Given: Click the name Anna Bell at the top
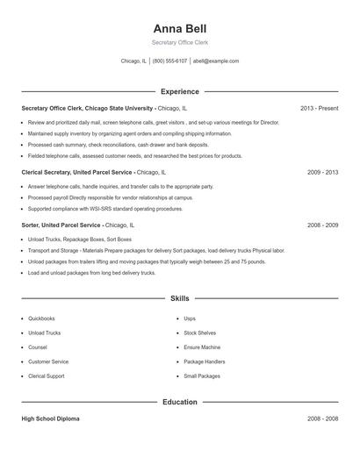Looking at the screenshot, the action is point(179,28).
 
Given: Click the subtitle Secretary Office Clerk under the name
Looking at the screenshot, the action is point(179,42).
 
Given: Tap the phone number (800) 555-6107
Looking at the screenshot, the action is point(169,61).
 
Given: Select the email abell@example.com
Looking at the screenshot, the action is point(216,61).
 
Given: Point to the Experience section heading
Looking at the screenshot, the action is point(179,91).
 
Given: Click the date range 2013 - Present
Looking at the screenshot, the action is point(319,108).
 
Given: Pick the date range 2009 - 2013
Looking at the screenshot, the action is point(322,173).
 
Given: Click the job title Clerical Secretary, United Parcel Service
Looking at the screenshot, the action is point(77,173).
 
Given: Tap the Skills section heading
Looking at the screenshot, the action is point(179,299).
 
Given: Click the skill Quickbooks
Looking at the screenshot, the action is point(41,318).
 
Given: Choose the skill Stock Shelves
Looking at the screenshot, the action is point(200,333).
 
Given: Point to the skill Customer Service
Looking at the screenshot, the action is point(48,361).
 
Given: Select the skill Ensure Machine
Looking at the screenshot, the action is point(203,347).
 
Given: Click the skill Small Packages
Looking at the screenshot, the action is point(202,376).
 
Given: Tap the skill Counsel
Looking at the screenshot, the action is point(39,347).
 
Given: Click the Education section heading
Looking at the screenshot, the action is point(179,402).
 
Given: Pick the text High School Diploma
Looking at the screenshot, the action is point(50,418).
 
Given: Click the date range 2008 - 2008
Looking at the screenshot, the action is point(322,418).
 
